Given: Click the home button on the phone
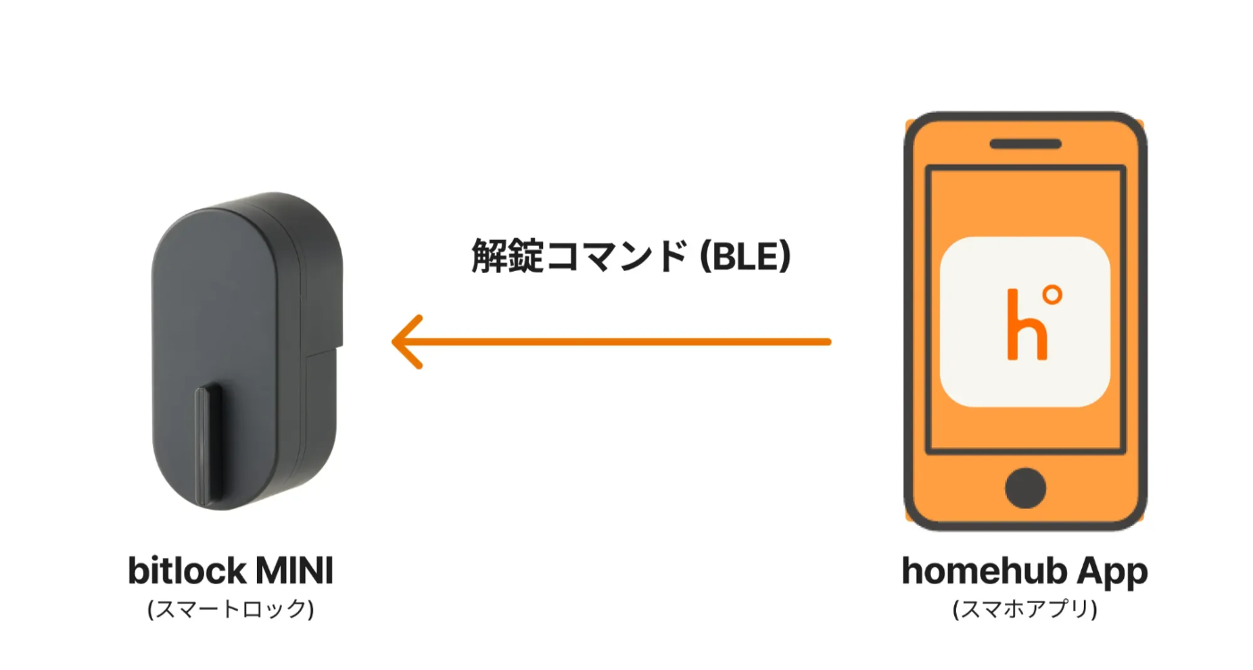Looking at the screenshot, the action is coord(1025,488).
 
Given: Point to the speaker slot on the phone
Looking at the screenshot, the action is coord(1025,143).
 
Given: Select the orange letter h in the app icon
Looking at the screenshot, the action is coord(1019,327).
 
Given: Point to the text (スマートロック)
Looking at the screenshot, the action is coord(230,609).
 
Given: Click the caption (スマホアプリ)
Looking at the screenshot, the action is coord(1025,609).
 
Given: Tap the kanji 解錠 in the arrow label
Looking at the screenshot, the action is coord(499,258).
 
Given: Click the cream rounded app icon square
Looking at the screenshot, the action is coord(1027,320).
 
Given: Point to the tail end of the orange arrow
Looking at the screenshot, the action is coord(827,342).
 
